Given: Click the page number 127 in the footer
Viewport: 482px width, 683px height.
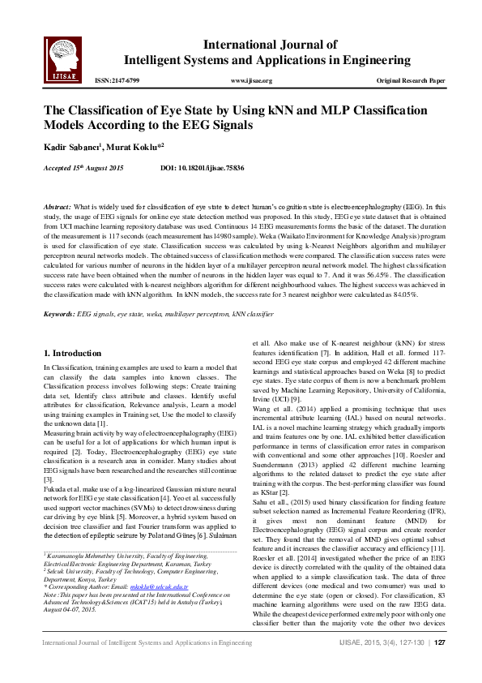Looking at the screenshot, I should pyautogui.click(x=441, y=665).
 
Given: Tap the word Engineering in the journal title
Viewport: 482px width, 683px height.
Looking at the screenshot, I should pyautogui.click(x=373, y=60).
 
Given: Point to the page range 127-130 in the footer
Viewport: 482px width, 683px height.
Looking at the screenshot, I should pyautogui.click(x=410, y=665).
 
